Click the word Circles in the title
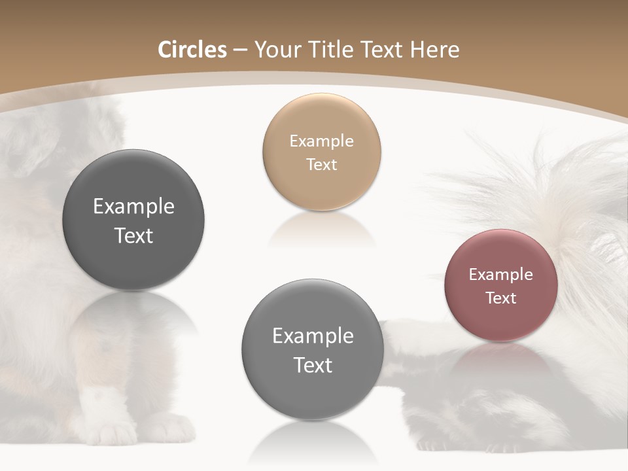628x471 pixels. (192, 50)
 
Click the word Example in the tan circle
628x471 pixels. (321, 141)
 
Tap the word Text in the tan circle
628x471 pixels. (321, 164)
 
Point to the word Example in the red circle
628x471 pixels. (500, 275)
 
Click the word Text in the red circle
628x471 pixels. (500, 298)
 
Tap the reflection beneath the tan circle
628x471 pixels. (321, 229)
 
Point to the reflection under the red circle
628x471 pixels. (500, 357)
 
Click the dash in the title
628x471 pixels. (240, 50)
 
